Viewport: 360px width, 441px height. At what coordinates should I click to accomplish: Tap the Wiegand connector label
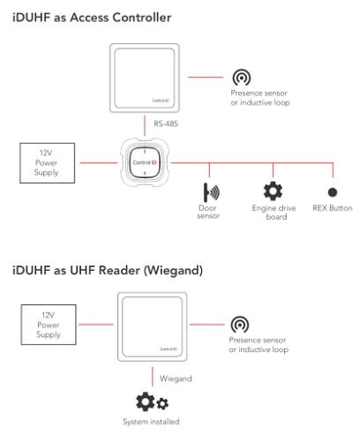tap(174, 378)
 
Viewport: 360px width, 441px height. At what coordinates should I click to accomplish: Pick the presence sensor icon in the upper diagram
tap(241, 79)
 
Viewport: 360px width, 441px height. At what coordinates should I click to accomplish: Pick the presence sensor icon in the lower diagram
tap(239, 325)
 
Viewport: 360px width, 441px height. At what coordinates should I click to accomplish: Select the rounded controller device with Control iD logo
tap(145, 163)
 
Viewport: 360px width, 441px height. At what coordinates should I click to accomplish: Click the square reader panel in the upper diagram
tap(145, 78)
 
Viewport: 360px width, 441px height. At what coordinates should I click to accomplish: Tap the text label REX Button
tap(333, 209)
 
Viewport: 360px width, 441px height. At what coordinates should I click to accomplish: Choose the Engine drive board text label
tap(274, 213)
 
